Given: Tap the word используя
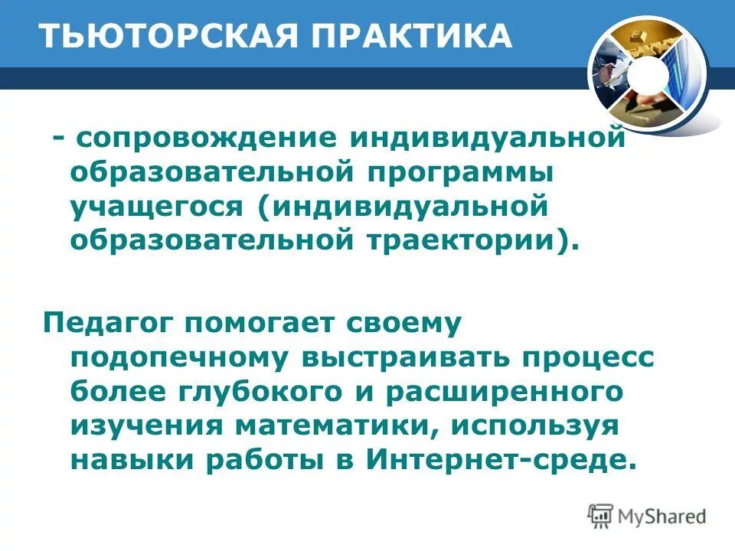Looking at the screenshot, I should (529, 425).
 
